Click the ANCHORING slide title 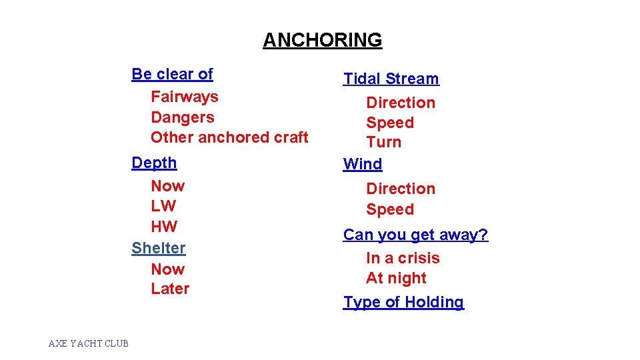[x=323, y=40]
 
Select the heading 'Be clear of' [x=172, y=74]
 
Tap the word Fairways [x=185, y=97]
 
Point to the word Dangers [x=183, y=117]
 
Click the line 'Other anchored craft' [x=229, y=137]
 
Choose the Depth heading [x=154, y=163]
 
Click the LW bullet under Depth [x=163, y=206]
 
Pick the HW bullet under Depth [x=164, y=226]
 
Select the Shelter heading [x=159, y=248]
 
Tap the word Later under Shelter [x=170, y=289]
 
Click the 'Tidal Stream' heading [x=391, y=79]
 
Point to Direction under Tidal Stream [x=401, y=103]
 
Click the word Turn [x=384, y=142]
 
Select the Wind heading [x=363, y=164]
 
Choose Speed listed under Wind [x=390, y=209]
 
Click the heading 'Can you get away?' [x=415, y=235]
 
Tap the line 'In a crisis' [x=403, y=258]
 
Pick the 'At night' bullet [x=396, y=278]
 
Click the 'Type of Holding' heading [x=403, y=302]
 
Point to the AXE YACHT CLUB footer [x=89, y=343]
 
